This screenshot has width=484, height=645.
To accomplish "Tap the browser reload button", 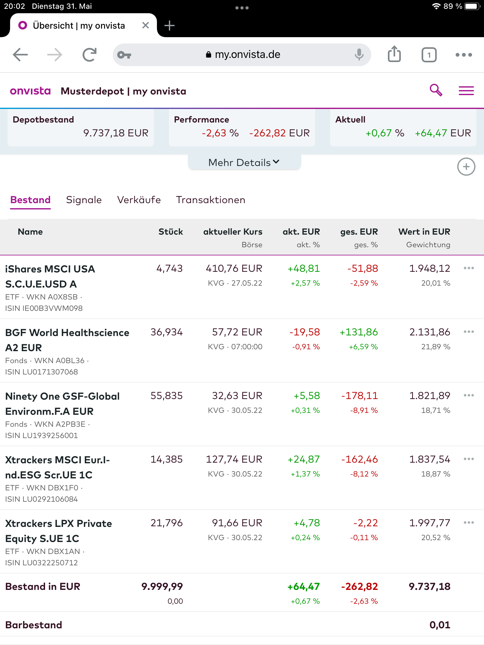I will coord(89,55).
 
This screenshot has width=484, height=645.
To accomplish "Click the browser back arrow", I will coord(20,55).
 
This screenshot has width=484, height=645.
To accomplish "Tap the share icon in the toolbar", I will coord(394,54).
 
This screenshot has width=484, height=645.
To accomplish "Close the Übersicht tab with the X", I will coord(145,26).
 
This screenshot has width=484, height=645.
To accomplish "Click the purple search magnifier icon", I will coord(436,90).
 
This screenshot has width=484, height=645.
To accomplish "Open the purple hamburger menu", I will coord(466,91).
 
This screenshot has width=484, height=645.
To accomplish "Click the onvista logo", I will coord(30,91).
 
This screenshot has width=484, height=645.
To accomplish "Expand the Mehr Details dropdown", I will coord(244,163).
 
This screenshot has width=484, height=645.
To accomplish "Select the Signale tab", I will coord(84,200).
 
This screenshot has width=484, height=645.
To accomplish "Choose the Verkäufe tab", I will coord(139,200).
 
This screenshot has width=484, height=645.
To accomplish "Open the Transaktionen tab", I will coord(210,200).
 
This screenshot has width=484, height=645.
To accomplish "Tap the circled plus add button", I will coord(466,167).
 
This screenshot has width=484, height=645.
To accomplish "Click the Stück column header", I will coord(170,232).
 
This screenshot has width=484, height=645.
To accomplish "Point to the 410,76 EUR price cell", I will coord(234,269).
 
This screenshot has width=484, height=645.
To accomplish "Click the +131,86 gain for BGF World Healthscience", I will coord(359,332).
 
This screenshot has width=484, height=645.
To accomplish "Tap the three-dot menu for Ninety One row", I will coord(469,395).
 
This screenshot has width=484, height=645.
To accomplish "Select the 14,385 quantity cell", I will coord(166,459).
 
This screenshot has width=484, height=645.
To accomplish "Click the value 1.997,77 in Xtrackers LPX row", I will coord(429,523).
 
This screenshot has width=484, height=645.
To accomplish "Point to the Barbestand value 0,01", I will coord(440,625).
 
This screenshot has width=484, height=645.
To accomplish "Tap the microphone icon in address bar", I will coord(359,54).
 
